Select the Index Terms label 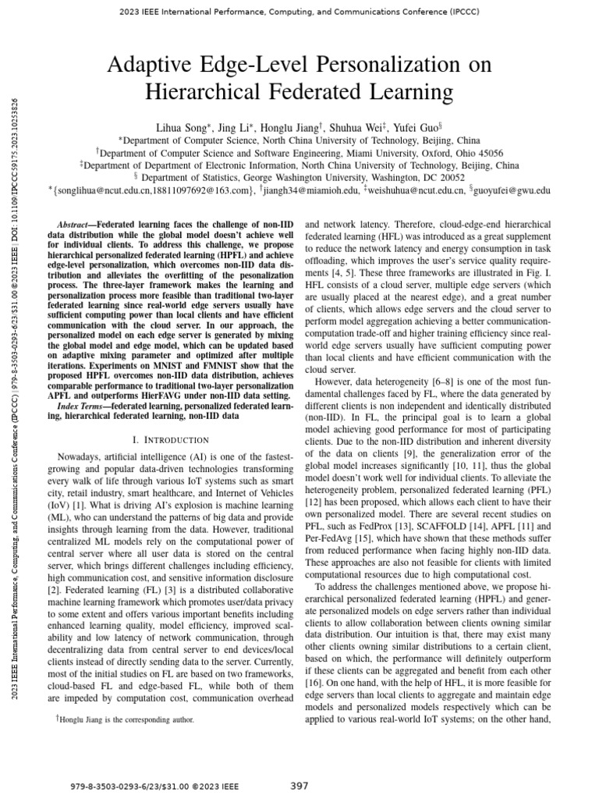point(83,407)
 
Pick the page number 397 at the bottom point(299,786)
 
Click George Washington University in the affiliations point(349,177)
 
